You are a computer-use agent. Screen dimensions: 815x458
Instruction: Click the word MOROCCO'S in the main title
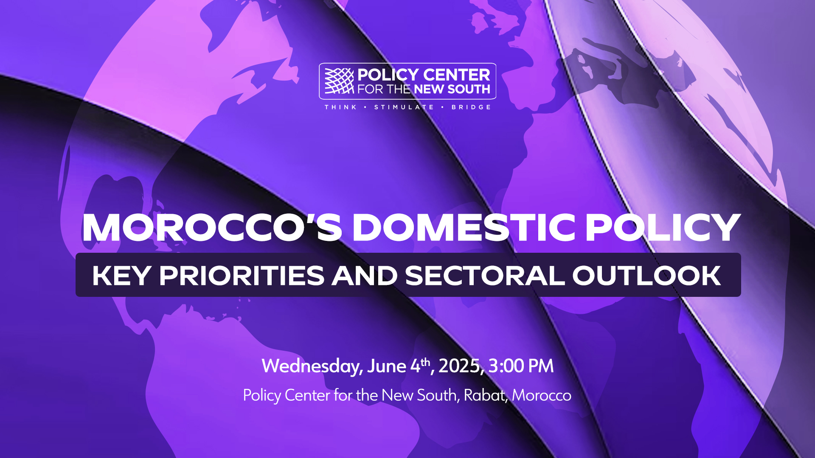coord(212,227)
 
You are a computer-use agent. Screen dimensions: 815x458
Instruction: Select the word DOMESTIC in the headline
coord(464,227)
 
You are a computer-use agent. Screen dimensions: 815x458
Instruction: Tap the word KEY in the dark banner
coord(121,276)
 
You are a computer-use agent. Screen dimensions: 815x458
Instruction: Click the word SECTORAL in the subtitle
coord(485,276)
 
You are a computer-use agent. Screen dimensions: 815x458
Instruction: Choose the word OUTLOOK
coord(646,276)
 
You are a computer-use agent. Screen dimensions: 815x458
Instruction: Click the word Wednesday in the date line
coord(312,366)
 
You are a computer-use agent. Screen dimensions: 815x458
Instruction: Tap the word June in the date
coord(387,366)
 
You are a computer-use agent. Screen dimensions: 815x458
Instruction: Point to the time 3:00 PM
coord(521,366)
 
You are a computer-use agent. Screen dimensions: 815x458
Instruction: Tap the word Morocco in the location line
coord(542,395)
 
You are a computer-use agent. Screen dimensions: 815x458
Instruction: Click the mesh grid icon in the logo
coord(339,81)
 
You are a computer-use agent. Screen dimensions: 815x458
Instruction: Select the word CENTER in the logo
coord(457,75)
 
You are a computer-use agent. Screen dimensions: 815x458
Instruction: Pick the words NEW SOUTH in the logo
coord(452,89)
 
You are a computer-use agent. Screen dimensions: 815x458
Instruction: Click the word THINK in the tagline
coord(341,107)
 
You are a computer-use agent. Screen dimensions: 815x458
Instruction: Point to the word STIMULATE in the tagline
coord(404,107)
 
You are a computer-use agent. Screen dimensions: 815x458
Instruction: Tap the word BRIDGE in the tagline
coord(471,107)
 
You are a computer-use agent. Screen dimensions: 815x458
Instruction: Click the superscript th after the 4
coord(425,362)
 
